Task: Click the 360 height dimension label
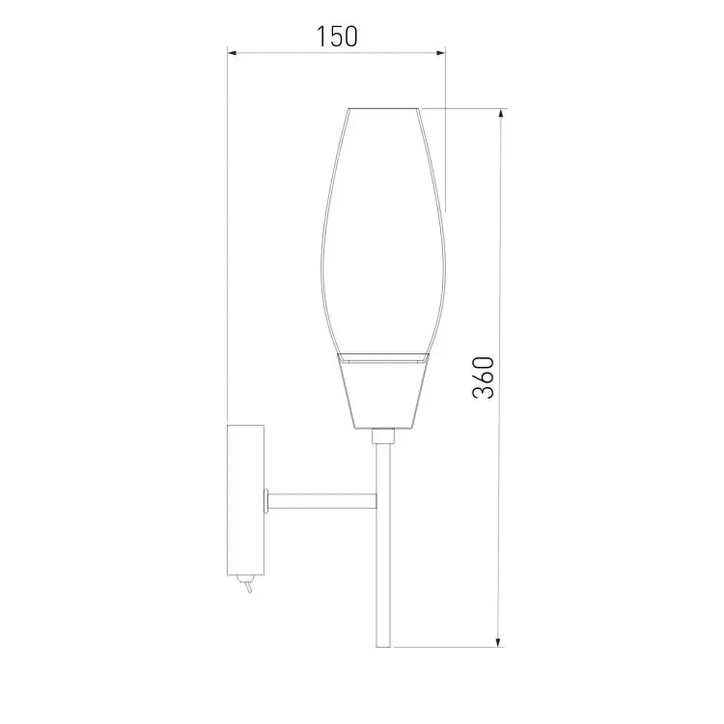tap(483, 378)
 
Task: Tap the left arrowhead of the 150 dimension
tap(232, 53)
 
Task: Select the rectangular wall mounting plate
tap(246, 500)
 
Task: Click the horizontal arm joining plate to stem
tap(322, 501)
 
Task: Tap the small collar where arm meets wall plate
tap(266, 501)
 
